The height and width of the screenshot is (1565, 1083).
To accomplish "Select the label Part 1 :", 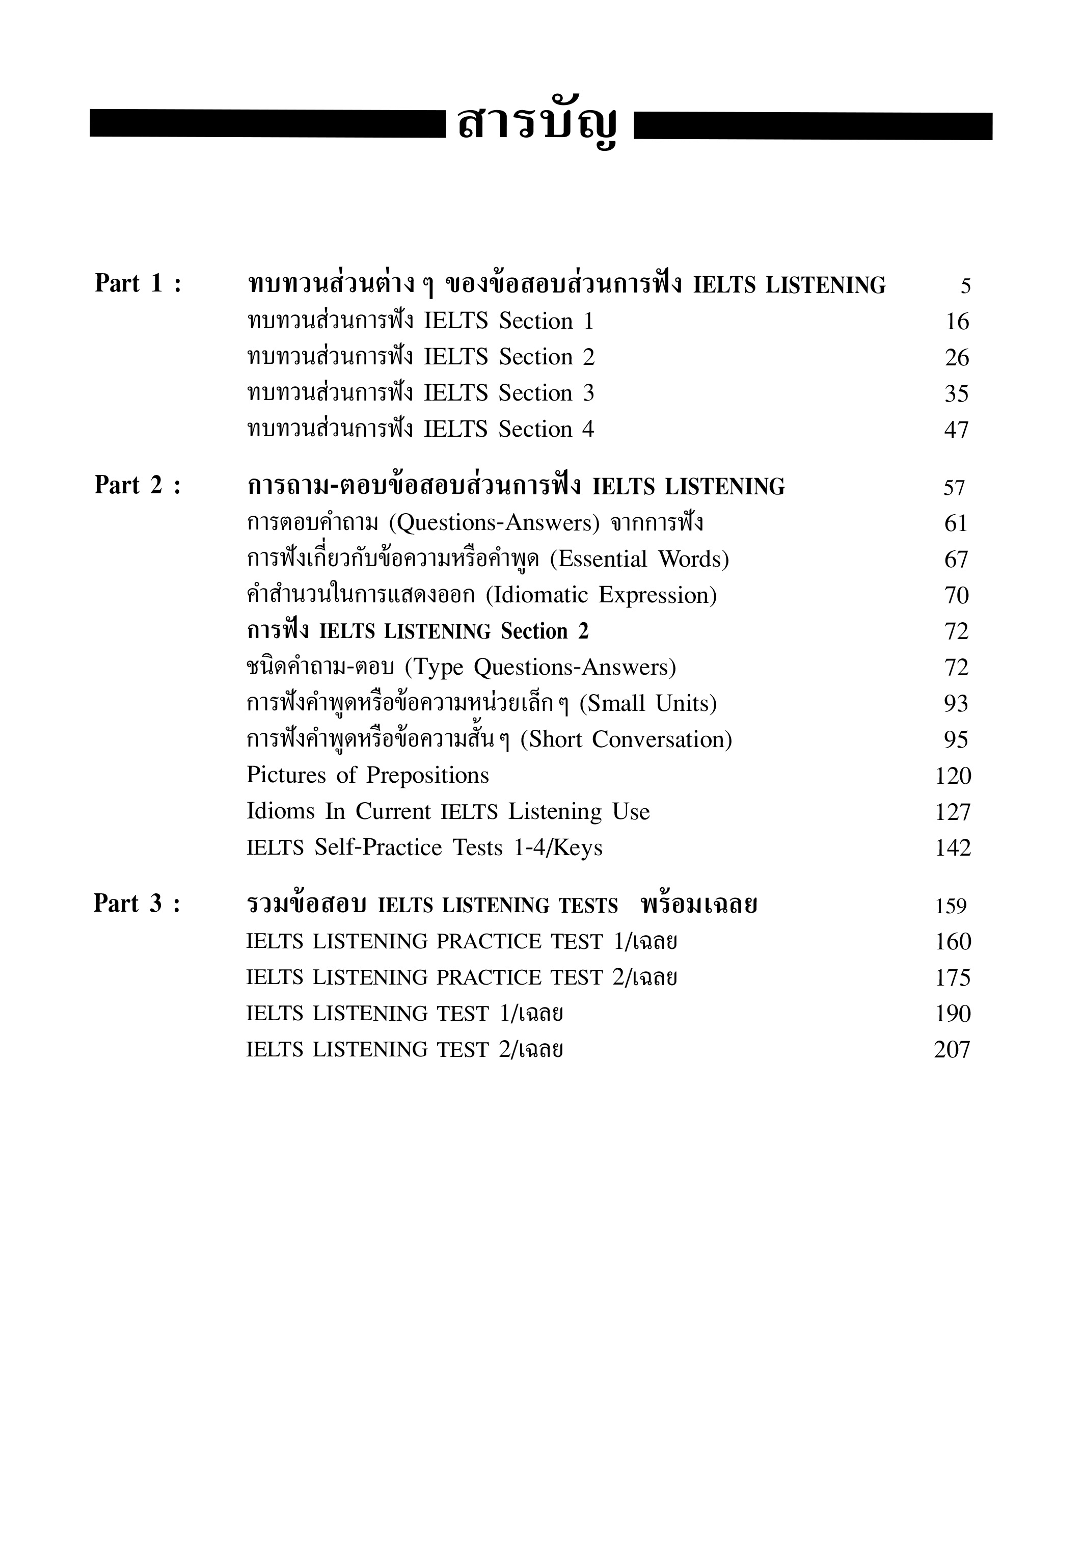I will tap(139, 284).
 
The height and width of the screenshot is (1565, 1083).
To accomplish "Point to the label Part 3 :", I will tap(137, 904).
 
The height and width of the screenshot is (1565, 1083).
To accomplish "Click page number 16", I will tap(957, 322).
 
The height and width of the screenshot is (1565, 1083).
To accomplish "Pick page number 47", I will tap(956, 430).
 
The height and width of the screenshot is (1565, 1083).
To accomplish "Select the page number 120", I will tap(953, 776).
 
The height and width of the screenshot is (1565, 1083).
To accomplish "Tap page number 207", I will tap(952, 1050).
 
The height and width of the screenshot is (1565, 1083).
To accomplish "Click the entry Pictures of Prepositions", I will tap(367, 776).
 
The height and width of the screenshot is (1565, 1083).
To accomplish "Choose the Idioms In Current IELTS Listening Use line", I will tap(448, 812).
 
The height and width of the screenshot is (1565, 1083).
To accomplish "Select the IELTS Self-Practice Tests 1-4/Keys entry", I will tap(424, 847).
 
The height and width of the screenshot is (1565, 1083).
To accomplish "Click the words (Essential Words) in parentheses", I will tap(639, 559).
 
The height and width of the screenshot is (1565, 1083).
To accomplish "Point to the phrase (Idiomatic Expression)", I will tap(601, 595).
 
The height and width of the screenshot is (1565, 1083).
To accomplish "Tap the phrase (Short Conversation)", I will tap(627, 740).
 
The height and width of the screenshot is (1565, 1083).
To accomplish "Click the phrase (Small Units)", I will tap(648, 704).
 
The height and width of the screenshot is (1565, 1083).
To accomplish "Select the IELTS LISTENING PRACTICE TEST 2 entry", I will tap(462, 978).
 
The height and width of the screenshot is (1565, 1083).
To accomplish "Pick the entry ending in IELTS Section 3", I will tap(421, 393).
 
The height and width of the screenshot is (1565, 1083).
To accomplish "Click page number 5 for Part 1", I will tap(965, 286).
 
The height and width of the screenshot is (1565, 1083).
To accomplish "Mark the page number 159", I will tap(950, 907).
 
